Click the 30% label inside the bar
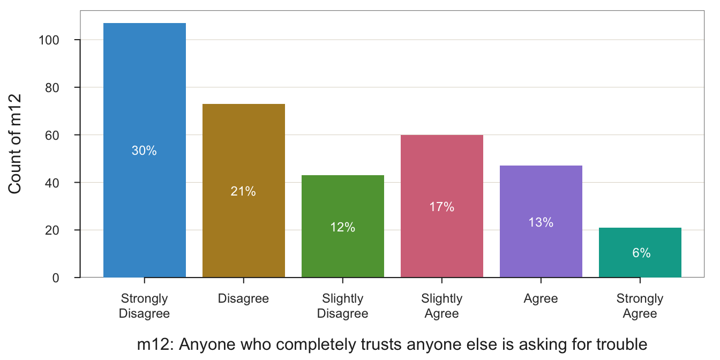[x=144, y=151]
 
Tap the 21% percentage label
[x=243, y=191]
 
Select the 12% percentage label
[x=343, y=227]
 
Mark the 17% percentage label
[x=442, y=207]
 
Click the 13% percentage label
[x=541, y=222]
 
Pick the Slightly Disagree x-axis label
[x=343, y=306]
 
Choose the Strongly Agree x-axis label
[x=640, y=306]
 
